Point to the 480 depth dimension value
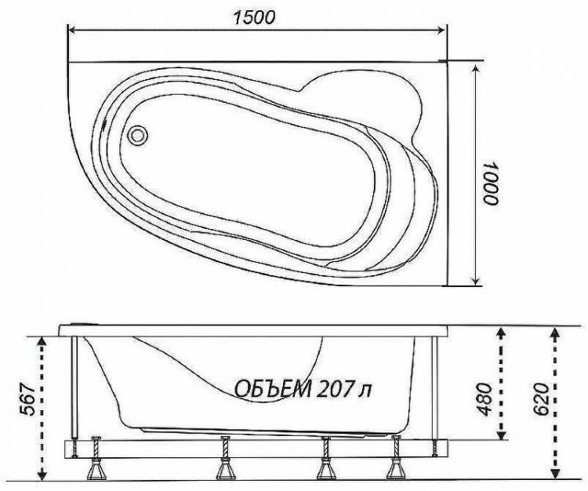point(483,398)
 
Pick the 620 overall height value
point(539,403)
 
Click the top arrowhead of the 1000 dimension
point(477,69)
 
